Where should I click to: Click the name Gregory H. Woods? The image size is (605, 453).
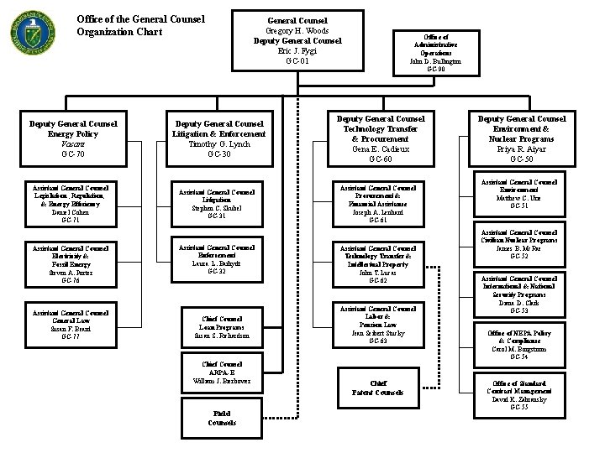click(297, 30)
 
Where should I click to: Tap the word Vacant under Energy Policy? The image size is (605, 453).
click(75, 144)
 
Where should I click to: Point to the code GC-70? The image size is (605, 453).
click(75, 155)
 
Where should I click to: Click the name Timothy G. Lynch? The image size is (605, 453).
click(218, 144)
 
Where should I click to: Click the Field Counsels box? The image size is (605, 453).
click(222, 417)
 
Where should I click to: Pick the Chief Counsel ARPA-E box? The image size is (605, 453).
click(222, 372)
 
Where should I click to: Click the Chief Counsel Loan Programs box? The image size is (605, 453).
click(222, 327)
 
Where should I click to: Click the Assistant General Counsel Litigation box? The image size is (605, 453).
click(218, 202)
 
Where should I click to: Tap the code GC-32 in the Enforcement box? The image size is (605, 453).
click(218, 271)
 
